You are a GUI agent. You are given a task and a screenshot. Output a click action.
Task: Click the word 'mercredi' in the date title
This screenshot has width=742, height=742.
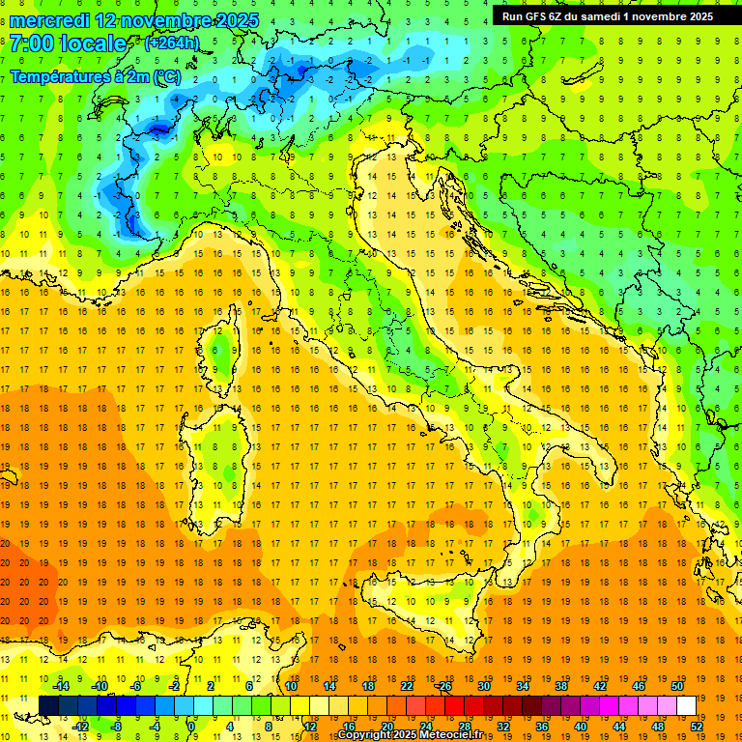click(49, 19)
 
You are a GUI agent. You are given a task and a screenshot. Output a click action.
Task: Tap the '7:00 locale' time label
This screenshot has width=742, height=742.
click(68, 43)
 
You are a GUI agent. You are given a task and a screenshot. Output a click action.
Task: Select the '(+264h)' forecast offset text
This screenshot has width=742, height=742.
click(172, 43)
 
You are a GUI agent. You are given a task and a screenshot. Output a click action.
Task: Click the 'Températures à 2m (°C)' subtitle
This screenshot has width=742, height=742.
click(95, 76)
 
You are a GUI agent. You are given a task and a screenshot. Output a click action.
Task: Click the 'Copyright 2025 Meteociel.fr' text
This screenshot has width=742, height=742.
click(415, 735)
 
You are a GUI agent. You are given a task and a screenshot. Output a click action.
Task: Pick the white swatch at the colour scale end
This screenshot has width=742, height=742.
click(686, 705)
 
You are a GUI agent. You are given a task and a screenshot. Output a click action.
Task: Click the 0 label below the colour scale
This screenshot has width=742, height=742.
click(191, 726)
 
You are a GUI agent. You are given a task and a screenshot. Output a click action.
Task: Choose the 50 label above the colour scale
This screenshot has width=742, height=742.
click(677, 685)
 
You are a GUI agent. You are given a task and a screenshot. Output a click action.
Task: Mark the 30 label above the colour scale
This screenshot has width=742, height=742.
click(484, 685)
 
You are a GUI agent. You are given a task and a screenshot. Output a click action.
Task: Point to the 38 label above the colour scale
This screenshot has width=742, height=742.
click(561, 685)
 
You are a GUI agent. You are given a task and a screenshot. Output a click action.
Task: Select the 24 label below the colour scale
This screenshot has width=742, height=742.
click(425, 726)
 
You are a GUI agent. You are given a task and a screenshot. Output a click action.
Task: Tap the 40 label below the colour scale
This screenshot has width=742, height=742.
click(580, 726)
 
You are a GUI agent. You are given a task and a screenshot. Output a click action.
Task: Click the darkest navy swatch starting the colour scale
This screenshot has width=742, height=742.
click(48, 705)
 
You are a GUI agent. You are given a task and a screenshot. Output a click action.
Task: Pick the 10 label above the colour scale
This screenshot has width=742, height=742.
click(291, 685)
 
